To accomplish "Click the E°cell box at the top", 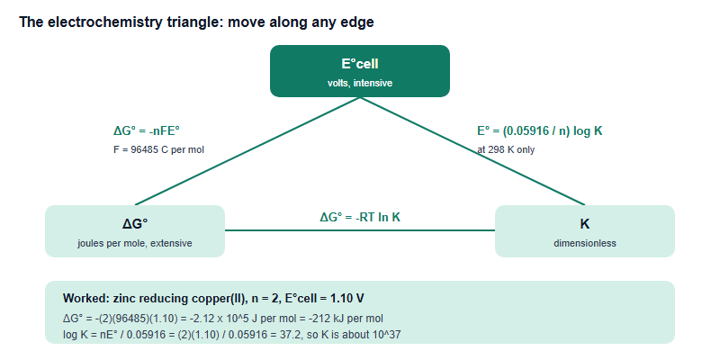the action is pyautogui.click(x=359, y=71).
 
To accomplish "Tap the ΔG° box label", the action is pyautogui.click(x=135, y=224).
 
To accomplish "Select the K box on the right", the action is pyautogui.click(x=584, y=231).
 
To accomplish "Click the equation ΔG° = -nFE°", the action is pyautogui.click(x=147, y=131).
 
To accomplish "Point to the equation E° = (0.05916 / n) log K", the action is pyautogui.click(x=539, y=131).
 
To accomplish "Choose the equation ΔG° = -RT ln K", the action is pyautogui.click(x=360, y=217).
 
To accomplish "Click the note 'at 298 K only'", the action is pyautogui.click(x=506, y=149).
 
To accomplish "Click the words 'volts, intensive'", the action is pyautogui.click(x=359, y=83).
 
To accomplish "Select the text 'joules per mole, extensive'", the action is pyautogui.click(x=134, y=243).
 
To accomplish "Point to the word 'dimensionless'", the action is pyautogui.click(x=584, y=243).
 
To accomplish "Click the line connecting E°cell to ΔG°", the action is pyautogui.click(x=247, y=151).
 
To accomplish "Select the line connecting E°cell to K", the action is pyautogui.click(x=472, y=151).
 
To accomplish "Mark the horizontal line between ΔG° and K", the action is pyautogui.click(x=359, y=230).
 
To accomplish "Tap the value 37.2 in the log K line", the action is pyautogui.click(x=292, y=335).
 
